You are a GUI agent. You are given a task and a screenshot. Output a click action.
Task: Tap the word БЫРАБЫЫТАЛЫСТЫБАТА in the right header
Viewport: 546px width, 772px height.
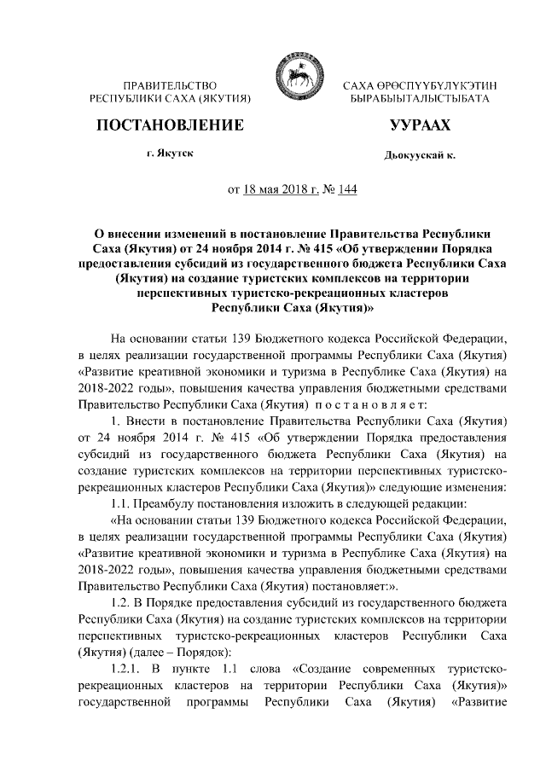click(x=420, y=100)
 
